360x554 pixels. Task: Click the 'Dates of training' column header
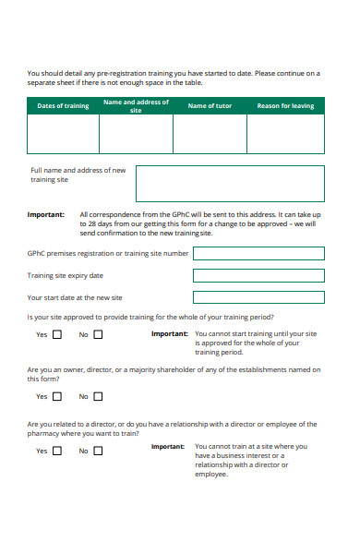pos(63,106)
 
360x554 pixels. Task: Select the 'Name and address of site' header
pos(136,106)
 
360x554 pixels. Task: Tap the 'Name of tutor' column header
pos(210,106)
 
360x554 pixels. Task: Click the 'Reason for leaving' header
pos(285,106)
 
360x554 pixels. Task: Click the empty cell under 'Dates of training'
pos(63,134)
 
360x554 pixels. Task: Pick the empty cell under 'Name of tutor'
pos(210,134)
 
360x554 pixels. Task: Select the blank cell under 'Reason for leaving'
pos(285,134)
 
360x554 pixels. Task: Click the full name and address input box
pos(230,183)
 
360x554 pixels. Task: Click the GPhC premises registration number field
pos(258,253)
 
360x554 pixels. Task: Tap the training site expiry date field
pos(258,275)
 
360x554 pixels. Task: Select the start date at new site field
pos(258,297)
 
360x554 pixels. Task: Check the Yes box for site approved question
pos(57,335)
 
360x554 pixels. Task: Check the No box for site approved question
pos(98,335)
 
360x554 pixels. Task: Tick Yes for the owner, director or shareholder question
pos(57,396)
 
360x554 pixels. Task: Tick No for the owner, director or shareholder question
pos(98,396)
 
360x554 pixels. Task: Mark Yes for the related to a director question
pos(57,451)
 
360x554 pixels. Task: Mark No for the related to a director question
pos(98,451)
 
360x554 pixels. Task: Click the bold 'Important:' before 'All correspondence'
pos(46,214)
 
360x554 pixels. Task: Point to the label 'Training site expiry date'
pos(66,275)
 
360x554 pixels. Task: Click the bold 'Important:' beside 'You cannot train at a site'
pos(168,446)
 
